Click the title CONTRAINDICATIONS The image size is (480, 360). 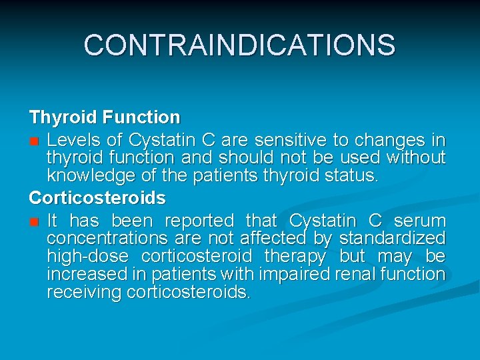239,45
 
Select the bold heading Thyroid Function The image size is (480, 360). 104,118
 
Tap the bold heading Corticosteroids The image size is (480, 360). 97,199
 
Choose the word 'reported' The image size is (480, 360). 199,221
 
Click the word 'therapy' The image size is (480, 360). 295,257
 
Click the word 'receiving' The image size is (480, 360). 84,292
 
